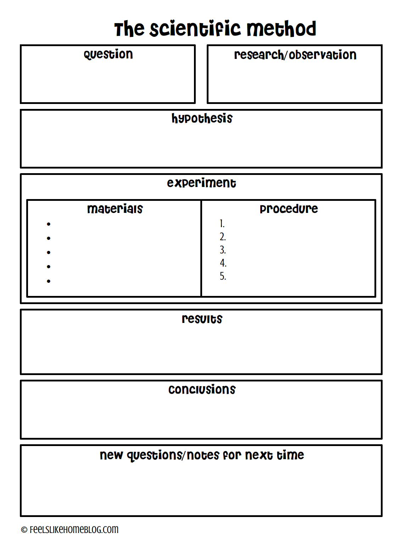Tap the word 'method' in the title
281,29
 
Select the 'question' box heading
108,54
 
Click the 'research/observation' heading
295,55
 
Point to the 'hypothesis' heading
202,119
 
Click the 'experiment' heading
201,183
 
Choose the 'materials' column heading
115,209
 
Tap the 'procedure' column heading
289,209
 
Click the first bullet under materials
49,224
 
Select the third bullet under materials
49,252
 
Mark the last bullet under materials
49,281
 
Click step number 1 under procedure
222,224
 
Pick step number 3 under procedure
222,250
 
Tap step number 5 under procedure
222,276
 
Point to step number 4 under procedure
223,263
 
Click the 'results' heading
202,319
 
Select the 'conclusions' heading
202,389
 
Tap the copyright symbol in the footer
24,530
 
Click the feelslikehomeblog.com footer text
74,529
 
